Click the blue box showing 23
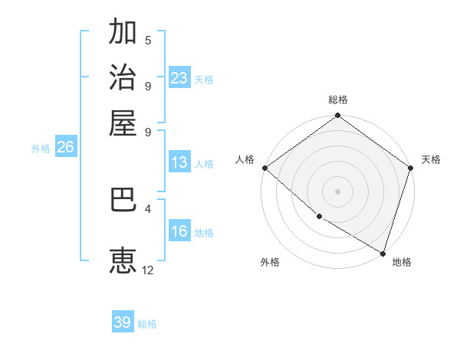tap(179, 78)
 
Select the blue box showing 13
tap(179, 162)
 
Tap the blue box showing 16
tap(179, 231)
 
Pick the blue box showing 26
tap(65, 148)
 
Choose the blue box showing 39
tap(123, 322)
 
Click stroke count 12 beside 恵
tap(148, 270)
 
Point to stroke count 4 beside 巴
tap(147, 208)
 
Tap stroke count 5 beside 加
tap(148, 40)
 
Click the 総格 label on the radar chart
tap(338, 100)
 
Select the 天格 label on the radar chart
tap(431, 159)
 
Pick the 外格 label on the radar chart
tap(270, 262)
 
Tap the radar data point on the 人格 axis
tap(264, 168)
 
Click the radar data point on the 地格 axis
tap(383, 253)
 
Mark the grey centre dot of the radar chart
tap(337, 191)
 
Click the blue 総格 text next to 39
tap(147, 324)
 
